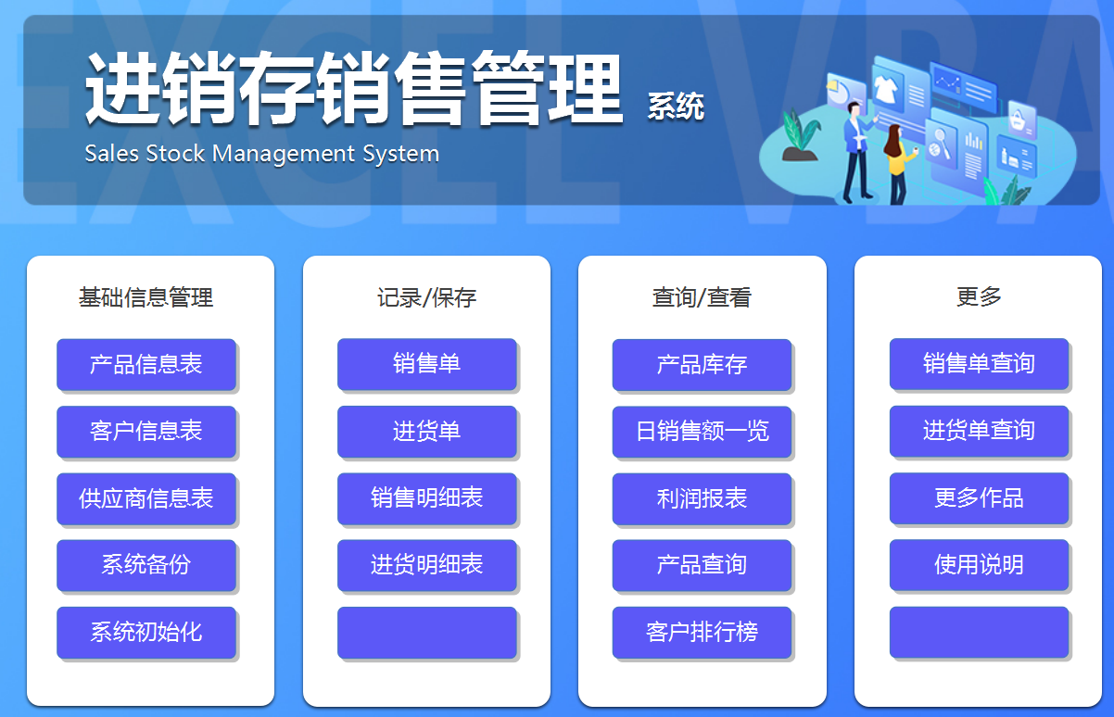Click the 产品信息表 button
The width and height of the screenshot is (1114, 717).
point(146,364)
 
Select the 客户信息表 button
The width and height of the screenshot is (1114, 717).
point(146,431)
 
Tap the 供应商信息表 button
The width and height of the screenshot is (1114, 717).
point(146,498)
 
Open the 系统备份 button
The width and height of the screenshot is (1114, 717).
point(146,565)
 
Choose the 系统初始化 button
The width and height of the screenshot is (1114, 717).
point(146,633)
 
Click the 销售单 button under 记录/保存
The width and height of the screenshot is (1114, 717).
point(426,364)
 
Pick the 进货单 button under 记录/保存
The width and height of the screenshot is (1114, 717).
point(426,431)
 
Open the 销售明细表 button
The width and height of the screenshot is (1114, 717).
point(426,498)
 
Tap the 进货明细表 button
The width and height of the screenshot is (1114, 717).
point(426,565)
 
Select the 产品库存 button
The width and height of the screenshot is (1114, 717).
point(702,364)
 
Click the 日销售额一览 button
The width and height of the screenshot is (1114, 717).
point(702,431)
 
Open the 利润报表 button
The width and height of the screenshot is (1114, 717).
point(702,498)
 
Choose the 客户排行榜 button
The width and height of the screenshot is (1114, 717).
point(702,633)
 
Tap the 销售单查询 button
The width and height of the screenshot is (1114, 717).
point(979,363)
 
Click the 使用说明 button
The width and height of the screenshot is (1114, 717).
point(979,565)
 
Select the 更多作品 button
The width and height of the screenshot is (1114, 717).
point(979,498)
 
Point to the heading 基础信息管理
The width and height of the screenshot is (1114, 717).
point(146,297)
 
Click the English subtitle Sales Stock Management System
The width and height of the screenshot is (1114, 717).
point(262,153)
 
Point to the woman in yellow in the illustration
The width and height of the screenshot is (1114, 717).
point(896,162)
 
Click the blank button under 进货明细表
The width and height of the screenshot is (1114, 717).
point(426,633)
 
